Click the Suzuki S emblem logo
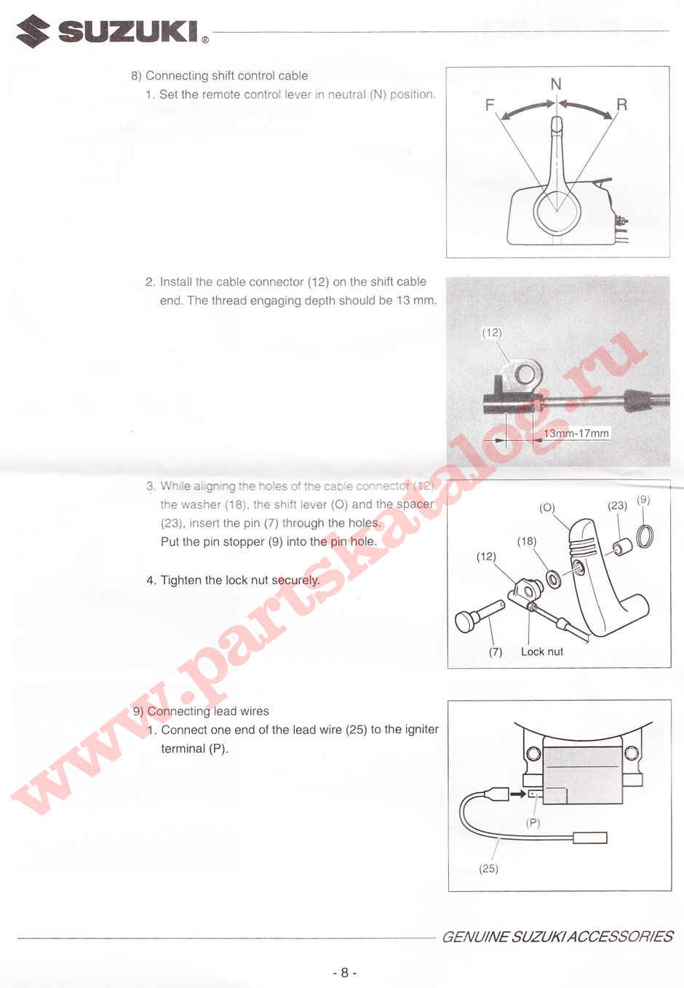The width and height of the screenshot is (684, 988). click(33, 31)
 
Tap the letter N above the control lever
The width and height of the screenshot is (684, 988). click(556, 84)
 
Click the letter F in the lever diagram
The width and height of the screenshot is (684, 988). click(490, 105)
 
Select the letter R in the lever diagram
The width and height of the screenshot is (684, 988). click(622, 105)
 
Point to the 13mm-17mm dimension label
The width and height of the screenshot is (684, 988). click(576, 434)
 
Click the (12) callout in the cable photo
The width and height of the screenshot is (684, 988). click(492, 332)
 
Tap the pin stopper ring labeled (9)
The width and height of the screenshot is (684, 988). click(645, 537)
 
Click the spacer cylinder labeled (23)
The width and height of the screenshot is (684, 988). click(622, 546)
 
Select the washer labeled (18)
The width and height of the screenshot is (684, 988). click(554, 578)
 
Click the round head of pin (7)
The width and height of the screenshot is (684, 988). click(465, 621)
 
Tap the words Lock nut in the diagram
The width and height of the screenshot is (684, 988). click(542, 651)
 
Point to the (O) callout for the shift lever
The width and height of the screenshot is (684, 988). click(547, 508)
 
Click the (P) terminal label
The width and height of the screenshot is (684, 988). click(533, 823)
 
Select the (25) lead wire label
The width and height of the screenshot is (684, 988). click(489, 869)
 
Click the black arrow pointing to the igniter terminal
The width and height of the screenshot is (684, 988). click(517, 794)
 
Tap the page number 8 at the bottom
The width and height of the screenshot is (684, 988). click(345, 973)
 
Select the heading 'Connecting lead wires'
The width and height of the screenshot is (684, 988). click(207, 711)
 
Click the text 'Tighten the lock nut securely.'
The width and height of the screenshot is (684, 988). click(240, 580)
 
